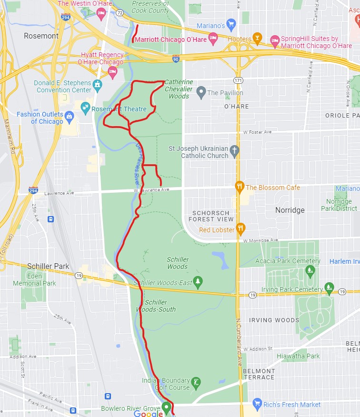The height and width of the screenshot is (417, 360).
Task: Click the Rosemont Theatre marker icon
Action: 86,108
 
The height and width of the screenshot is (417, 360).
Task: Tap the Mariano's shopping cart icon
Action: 231,24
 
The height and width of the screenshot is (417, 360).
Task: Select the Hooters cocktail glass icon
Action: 258,39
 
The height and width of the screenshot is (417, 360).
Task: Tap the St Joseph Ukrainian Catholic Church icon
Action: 234,151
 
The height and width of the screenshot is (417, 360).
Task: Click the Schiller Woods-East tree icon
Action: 198,282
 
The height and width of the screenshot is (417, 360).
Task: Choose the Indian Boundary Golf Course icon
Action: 196,383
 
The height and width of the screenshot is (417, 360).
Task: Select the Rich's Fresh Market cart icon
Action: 258,404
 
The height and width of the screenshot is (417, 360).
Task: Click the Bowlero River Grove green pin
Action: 166,407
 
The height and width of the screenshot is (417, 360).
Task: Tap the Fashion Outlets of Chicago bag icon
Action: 69,117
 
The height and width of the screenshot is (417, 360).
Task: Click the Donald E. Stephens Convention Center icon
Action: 98,86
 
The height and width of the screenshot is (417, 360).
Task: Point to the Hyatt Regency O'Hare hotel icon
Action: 113,72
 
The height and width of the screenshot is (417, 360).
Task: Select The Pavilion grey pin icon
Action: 201,92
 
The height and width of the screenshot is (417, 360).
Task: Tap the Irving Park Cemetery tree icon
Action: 329,288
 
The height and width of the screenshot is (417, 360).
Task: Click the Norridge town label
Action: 290,210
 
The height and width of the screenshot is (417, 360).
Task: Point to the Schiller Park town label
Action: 48,266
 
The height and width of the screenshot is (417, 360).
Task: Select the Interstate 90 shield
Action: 176,59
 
